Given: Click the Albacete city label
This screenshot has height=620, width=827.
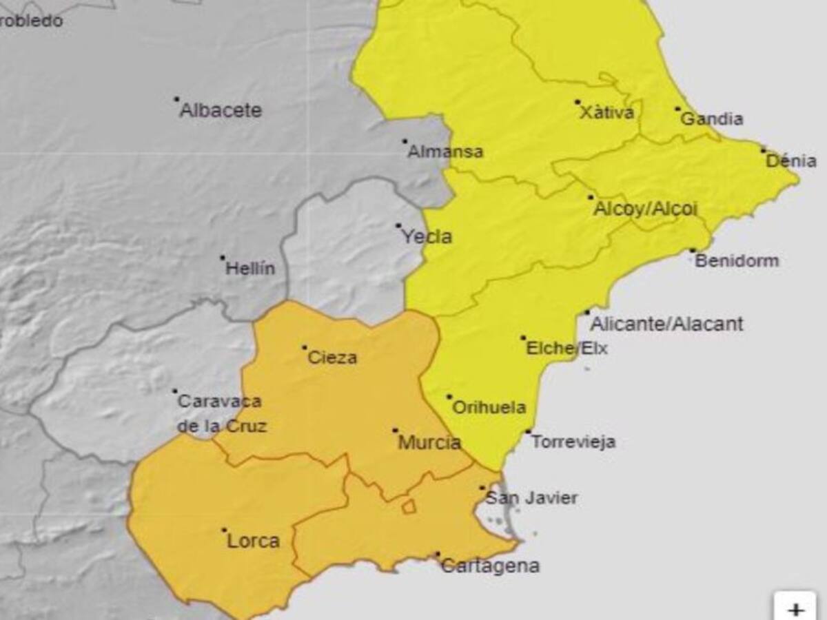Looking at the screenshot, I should pyautogui.click(x=221, y=111).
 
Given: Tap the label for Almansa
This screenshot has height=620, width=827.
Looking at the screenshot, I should pyautogui.click(x=445, y=152).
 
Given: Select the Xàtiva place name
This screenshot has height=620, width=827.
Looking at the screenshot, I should pyautogui.click(x=606, y=113).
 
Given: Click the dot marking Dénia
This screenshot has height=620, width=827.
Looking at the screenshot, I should pyautogui.click(x=764, y=149).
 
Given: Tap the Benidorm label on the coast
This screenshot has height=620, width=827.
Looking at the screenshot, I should pyautogui.click(x=737, y=261).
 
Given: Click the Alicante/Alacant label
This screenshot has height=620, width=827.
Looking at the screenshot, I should pyautogui.click(x=667, y=324).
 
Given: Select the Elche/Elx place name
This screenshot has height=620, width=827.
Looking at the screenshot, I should pyautogui.click(x=566, y=349).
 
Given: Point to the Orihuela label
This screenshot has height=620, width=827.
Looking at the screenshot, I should pyautogui.click(x=489, y=408).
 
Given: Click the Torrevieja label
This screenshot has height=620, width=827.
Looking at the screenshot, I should pyautogui.click(x=573, y=442).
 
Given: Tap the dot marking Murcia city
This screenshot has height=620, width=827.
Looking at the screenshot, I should pyautogui.click(x=396, y=431).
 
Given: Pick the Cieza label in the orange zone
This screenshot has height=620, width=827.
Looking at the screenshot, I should pyautogui.click(x=332, y=358).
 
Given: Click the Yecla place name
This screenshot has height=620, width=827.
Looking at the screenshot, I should pyautogui.click(x=427, y=238).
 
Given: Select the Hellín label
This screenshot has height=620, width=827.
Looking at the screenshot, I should pyautogui.click(x=250, y=269).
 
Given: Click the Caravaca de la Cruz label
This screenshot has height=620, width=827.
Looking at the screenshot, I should pyautogui.click(x=221, y=414).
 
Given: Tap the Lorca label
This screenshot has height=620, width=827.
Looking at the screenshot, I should pyautogui.click(x=254, y=541).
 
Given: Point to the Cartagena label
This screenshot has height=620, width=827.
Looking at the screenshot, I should pyautogui.click(x=490, y=567).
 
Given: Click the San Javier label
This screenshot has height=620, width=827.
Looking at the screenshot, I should pyautogui.click(x=531, y=498).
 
